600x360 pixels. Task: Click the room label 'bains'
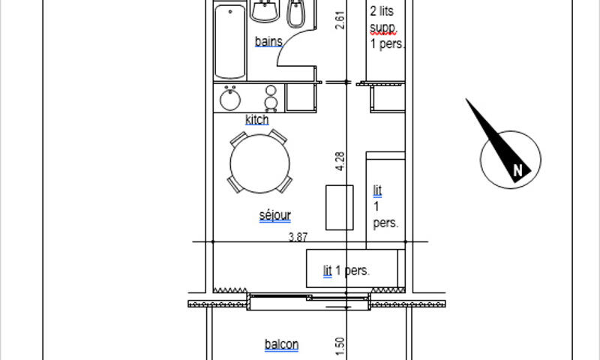[x=268, y=41]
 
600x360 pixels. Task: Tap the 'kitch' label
[x=256, y=119]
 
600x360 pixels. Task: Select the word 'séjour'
[x=274, y=215]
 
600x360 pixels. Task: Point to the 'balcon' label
[x=282, y=344]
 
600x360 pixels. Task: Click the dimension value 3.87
[x=298, y=237]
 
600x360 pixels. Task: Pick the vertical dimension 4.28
[x=340, y=161]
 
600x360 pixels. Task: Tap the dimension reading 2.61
[x=340, y=20]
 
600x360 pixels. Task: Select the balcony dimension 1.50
[x=340, y=346]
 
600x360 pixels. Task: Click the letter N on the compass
[x=517, y=169]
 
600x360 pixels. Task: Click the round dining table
[x=259, y=163]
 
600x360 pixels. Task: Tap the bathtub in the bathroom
[x=230, y=41]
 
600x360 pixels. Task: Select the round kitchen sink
[x=230, y=99]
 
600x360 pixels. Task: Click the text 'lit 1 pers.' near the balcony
[x=346, y=271]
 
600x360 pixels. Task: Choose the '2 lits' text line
[x=382, y=11]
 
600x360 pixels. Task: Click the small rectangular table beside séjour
[x=340, y=208]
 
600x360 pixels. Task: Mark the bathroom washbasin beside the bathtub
[x=265, y=10]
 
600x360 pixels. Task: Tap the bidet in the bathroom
[x=296, y=13]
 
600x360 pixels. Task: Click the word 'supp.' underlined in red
[x=383, y=28]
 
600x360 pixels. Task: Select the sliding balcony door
[x=308, y=301]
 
